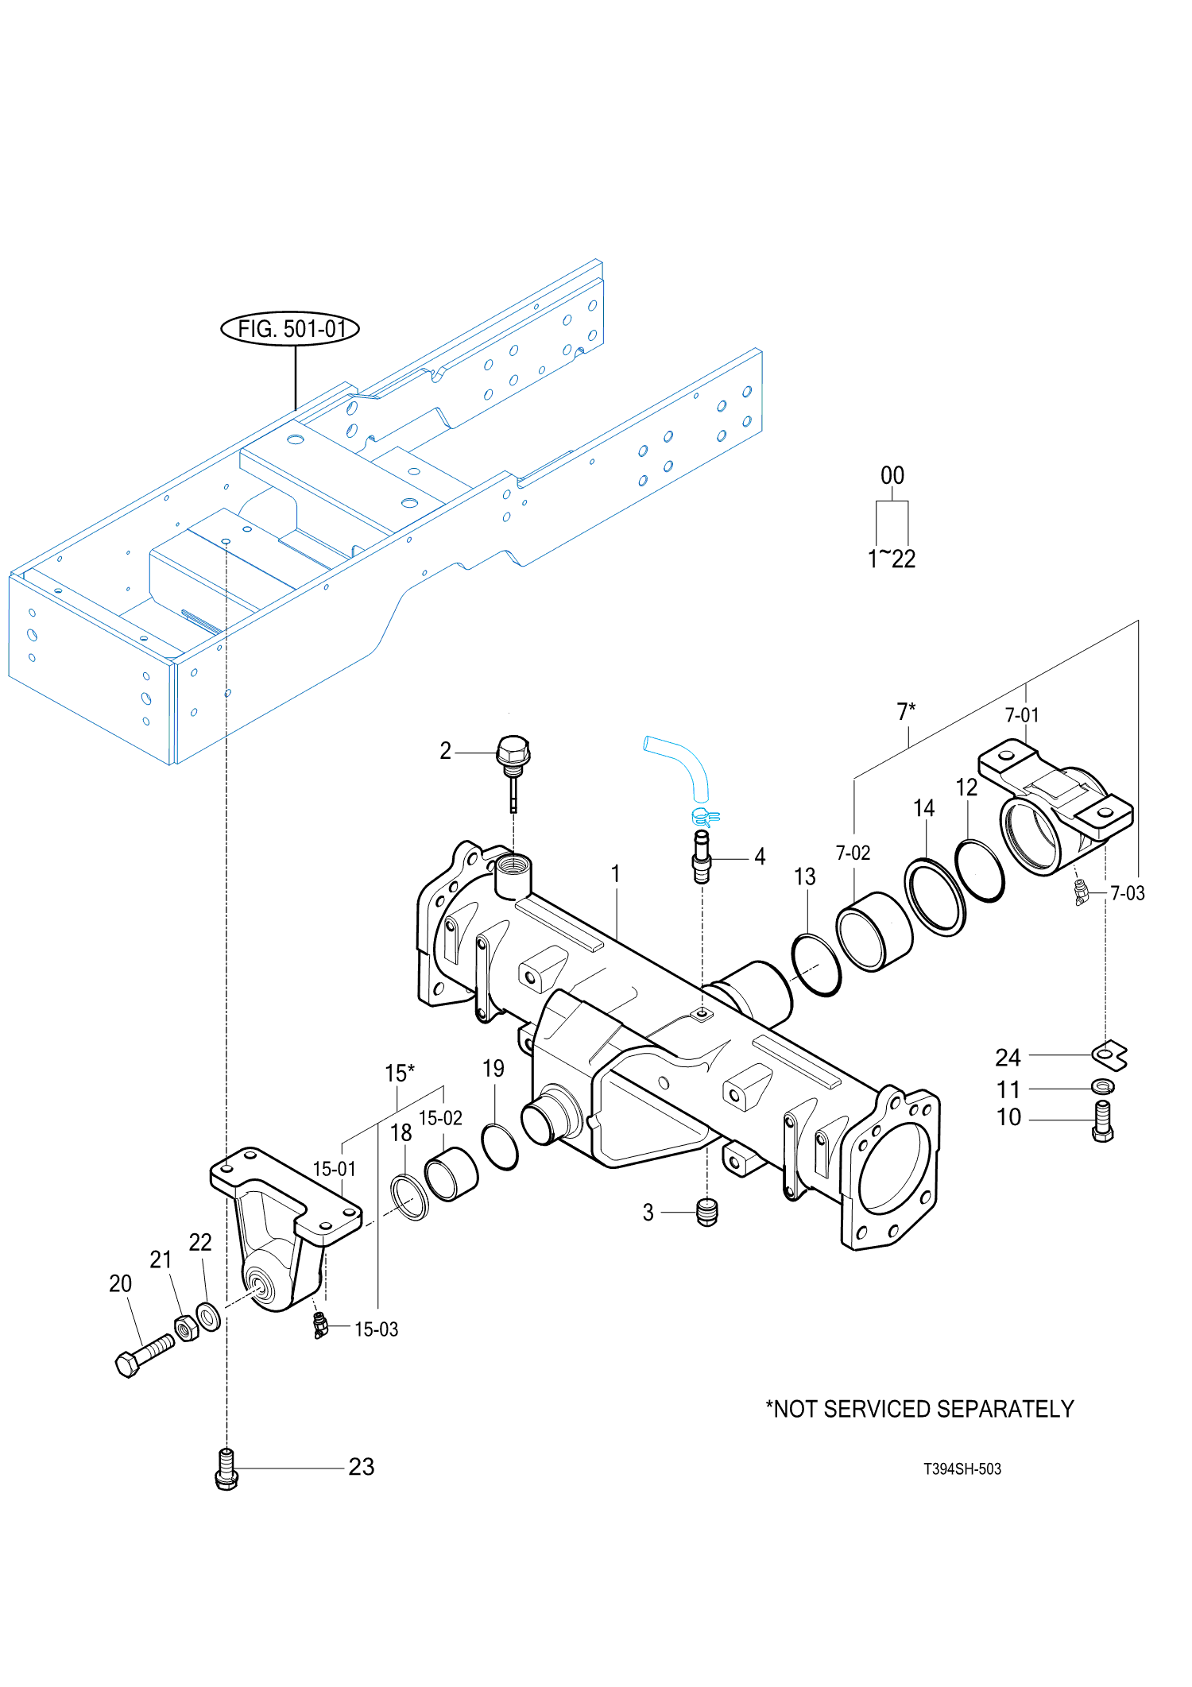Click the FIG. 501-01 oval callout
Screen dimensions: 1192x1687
pyautogui.click(x=289, y=328)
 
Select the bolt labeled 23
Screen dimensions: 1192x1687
pyautogui.click(x=226, y=1468)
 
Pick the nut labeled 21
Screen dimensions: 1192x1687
pyautogui.click(x=186, y=1328)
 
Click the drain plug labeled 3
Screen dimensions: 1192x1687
pyautogui.click(x=706, y=1212)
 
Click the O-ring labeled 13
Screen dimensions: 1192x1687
pyautogui.click(x=816, y=965)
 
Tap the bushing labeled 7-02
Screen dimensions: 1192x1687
pyautogui.click(x=874, y=931)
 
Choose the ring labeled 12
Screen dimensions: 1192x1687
pyautogui.click(x=979, y=869)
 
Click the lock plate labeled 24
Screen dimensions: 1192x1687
pyautogui.click(x=1109, y=1054)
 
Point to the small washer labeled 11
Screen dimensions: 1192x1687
pyautogui.click(x=1103, y=1086)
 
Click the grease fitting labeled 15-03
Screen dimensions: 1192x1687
pyautogui.click(x=320, y=1325)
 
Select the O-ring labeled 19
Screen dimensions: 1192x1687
pyautogui.click(x=500, y=1147)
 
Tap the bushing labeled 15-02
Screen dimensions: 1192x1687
pyautogui.click(x=451, y=1174)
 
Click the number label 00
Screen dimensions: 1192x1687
pyautogui.click(x=892, y=475)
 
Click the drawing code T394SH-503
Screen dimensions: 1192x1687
pyautogui.click(x=962, y=1469)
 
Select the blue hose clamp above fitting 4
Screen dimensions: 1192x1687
pyautogui.click(x=705, y=816)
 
